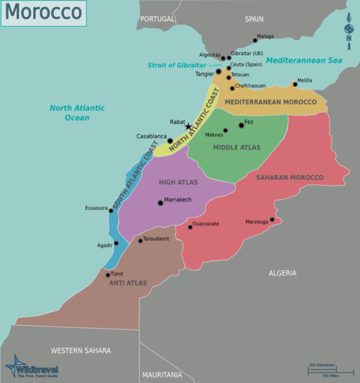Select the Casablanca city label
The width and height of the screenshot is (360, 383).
[x=152, y=136]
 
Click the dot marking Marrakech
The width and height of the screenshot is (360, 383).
[x=160, y=202]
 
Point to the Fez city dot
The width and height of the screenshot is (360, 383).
[x=241, y=125]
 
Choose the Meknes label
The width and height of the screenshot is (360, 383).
[x=213, y=135]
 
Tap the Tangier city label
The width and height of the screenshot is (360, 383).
[x=204, y=73]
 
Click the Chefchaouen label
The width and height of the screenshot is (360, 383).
[x=251, y=86]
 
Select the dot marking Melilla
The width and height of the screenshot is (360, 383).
[x=295, y=85]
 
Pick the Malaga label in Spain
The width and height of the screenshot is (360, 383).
[x=265, y=37]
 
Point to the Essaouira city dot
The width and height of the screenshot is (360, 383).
[x=111, y=210]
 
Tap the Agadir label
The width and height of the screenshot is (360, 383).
[x=104, y=245]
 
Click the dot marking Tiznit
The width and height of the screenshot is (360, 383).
[x=107, y=275]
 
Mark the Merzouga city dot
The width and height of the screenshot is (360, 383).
[x=272, y=219]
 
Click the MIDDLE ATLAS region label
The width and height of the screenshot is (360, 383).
[x=236, y=147]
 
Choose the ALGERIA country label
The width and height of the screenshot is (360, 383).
[x=282, y=273]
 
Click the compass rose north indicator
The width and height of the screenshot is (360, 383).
[x=348, y=30]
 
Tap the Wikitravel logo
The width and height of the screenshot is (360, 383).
[x=32, y=367]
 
